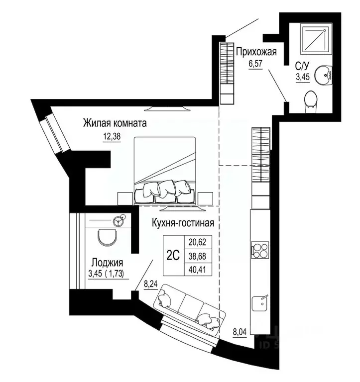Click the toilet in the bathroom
[x=311, y=99]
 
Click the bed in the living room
[x=165, y=169]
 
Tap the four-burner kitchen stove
[x=259, y=248]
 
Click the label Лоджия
[x=107, y=263]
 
